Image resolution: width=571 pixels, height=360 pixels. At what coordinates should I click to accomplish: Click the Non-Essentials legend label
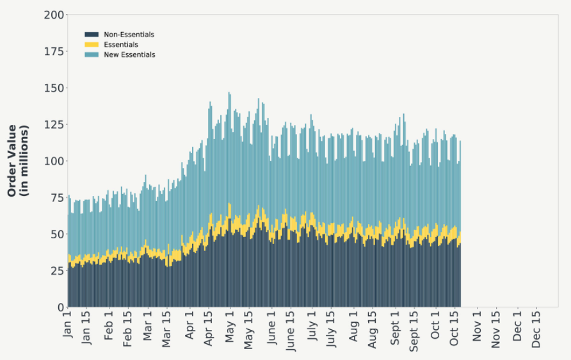tap(129, 35)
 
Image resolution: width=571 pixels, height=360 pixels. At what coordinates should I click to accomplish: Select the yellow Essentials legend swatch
tap(92, 45)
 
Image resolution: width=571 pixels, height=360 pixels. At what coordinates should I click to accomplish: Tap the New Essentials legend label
tap(129, 55)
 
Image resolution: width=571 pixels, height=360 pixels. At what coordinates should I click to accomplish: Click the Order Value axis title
tap(18, 161)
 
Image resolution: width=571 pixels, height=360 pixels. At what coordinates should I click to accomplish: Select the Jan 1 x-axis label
tap(68, 324)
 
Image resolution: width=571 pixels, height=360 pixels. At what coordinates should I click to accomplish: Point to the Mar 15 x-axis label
tap(167, 329)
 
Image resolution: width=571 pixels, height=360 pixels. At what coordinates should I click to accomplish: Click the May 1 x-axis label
tap(229, 326)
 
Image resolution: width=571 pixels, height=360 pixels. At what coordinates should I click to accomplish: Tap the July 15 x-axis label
tap(331, 329)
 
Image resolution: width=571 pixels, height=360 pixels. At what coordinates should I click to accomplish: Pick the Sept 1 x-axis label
tap(396, 327)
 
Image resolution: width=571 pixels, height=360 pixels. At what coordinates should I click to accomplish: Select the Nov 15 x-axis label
tap(496, 329)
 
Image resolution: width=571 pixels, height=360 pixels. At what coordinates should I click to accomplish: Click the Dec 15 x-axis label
tap(536, 329)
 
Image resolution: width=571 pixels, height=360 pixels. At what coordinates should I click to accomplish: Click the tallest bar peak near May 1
tap(229, 94)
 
